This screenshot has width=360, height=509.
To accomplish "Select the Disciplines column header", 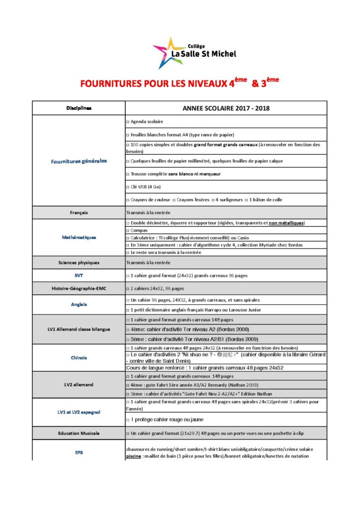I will point(79,108).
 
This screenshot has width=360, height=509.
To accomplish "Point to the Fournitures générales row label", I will point(79,161).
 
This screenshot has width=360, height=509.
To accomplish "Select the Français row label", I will point(79,212).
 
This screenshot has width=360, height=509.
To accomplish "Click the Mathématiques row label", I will point(79,237).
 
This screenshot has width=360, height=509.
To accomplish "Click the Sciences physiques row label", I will point(79,262).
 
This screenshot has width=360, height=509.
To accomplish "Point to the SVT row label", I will point(79,275).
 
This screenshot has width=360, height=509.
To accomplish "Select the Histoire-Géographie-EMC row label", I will point(79,288).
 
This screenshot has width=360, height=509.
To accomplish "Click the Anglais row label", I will point(79,304).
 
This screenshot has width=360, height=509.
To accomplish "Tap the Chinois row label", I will point(79,357).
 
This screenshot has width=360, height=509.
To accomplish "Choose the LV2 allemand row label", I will point(79,385).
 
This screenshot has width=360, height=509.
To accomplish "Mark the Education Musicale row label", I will point(79,433).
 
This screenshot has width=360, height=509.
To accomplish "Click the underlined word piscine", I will point(134,456).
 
